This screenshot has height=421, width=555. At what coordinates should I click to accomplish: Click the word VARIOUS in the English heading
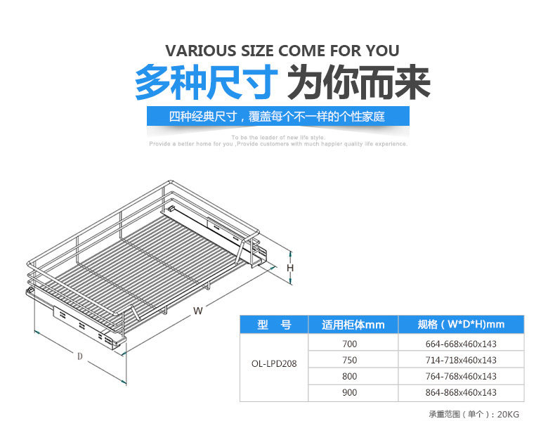(x=200, y=51)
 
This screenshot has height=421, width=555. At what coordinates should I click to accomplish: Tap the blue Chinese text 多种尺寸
(x=204, y=83)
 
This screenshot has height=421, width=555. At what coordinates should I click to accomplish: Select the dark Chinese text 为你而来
(x=359, y=83)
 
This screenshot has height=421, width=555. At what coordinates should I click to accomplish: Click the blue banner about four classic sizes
(x=277, y=117)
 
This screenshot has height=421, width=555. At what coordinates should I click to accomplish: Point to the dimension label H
(x=289, y=268)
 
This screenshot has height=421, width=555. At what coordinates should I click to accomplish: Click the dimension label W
(x=198, y=310)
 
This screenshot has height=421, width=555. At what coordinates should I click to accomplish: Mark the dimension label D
(x=80, y=356)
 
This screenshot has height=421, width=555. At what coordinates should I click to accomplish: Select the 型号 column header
(x=273, y=324)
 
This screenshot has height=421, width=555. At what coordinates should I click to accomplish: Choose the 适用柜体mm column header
(x=353, y=324)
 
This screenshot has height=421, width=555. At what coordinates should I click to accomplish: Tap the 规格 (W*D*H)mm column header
(x=461, y=324)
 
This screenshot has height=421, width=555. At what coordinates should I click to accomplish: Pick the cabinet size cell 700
(x=350, y=344)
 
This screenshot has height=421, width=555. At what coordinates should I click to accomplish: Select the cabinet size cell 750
(x=350, y=360)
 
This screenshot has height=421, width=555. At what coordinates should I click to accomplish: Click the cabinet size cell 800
(x=350, y=376)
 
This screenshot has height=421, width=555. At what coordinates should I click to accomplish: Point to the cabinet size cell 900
(x=350, y=392)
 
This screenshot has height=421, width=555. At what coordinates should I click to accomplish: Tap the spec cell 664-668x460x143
(x=461, y=344)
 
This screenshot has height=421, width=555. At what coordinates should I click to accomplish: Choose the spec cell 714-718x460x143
(x=461, y=360)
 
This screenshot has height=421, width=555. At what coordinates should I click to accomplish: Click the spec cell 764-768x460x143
(x=461, y=376)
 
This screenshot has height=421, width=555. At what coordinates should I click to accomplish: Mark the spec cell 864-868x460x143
(x=461, y=392)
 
